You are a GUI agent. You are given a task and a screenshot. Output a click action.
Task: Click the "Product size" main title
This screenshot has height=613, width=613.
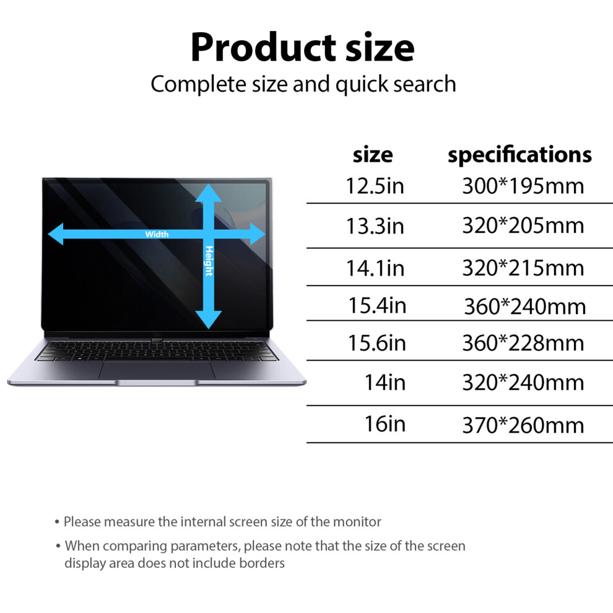(302, 48)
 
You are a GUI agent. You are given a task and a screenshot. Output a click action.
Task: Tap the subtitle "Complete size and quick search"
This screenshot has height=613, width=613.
(303, 84)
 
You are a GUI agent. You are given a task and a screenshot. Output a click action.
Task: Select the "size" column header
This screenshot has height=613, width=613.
(373, 155)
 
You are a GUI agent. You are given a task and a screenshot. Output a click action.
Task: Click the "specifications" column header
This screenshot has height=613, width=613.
(520, 155)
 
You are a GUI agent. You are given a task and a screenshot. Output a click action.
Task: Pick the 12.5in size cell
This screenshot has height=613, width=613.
(375, 186)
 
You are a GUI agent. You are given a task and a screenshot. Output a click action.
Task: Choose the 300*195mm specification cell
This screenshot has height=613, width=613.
(523, 186)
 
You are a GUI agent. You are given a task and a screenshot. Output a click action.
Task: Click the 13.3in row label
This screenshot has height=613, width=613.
(375, 226)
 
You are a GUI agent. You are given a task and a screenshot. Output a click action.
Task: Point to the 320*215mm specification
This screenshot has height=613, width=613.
(523, 268)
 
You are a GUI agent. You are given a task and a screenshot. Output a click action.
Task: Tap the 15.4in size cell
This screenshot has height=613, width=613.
(377, 305)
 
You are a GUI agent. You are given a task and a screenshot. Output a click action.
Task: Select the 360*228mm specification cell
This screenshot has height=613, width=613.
(523, 343)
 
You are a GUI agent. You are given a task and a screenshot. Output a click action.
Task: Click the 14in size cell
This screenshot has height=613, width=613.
(385, 382)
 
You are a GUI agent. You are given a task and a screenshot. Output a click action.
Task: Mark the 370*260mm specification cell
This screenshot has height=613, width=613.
(523, 425)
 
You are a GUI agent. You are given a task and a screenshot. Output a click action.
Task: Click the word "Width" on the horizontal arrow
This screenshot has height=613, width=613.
(157, 234)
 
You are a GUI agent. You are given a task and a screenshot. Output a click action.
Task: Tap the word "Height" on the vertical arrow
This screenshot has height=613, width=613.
(209, 261)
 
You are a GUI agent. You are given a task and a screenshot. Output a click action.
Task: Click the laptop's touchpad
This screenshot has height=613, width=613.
(157, 370)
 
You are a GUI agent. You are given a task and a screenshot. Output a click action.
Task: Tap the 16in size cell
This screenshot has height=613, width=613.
(385, 424)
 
